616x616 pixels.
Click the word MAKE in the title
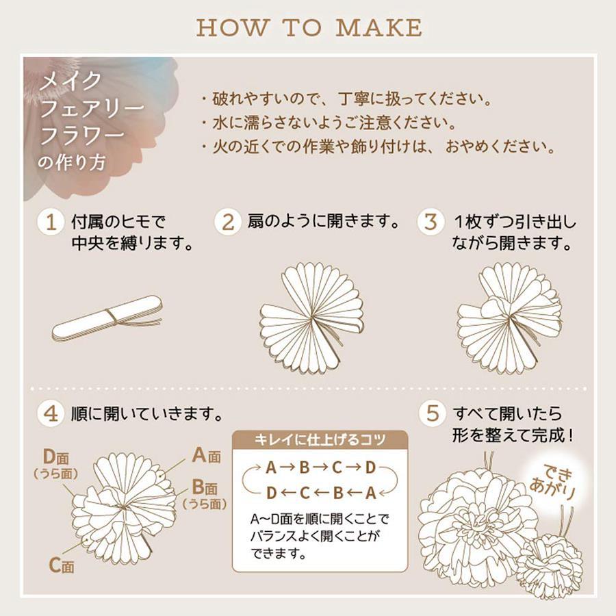378,27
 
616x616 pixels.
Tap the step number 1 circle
51,222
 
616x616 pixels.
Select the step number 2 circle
227,222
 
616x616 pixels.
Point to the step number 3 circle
431,222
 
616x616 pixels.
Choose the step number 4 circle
51,413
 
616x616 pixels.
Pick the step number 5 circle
432,413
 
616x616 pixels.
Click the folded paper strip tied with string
107,318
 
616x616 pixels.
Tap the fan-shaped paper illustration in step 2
311,318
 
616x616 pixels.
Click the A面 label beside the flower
206,456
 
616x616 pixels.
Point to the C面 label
62,565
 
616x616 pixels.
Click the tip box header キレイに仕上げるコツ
320,439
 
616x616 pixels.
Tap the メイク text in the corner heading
70,81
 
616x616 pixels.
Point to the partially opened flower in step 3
509,318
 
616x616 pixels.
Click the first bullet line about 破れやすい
347,99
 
